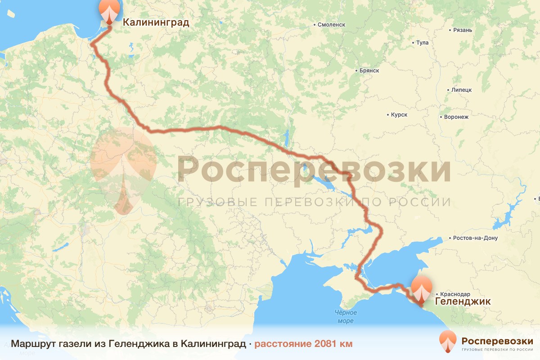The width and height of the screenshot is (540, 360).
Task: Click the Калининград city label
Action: [156, 22]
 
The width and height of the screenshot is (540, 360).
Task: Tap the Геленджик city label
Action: [462, 300]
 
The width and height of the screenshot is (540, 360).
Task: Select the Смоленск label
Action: [331, 25]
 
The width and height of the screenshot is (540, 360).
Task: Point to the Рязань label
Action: [463, 30]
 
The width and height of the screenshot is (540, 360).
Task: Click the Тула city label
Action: [423, 43]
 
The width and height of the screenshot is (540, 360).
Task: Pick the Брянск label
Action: [369, 71]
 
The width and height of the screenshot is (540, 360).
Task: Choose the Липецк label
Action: [461, 90]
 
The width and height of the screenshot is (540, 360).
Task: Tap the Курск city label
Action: [399, 115]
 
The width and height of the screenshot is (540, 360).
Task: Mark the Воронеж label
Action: [456, 117]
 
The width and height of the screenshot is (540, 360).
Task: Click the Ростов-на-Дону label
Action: [476, 238]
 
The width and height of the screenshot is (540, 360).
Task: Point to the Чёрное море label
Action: [346, 316]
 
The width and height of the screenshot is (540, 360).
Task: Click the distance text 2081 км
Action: [333, 344]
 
